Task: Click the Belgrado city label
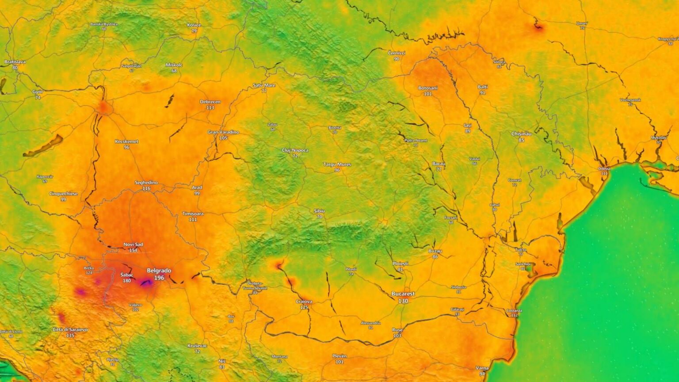(159, 271)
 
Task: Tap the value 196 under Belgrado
(159, 278)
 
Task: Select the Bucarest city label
(403, 294)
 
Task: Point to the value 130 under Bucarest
(403, 301)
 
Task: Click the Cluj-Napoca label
(295, 150)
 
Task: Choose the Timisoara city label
(193, 214)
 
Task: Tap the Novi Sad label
(133, 244)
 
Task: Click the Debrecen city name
(210, 102)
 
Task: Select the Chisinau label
(522, 134)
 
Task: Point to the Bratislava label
(15, 62)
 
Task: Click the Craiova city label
(304, 302)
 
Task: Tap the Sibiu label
(319, 211)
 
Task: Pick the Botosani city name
(427, 88)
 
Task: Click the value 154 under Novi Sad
(133, 250)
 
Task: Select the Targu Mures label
(337, 164)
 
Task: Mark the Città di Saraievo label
(70, 330)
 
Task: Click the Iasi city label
(468, 126)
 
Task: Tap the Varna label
(482, 368)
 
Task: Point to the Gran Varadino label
(223, 132)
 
